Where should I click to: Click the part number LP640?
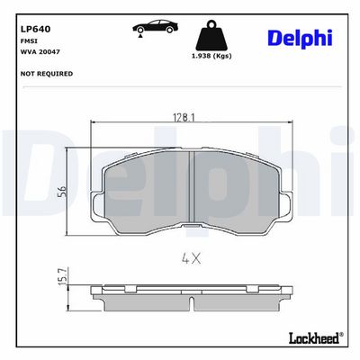35,29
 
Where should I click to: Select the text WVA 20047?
40,51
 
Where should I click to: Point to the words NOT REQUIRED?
47,74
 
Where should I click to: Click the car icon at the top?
156,26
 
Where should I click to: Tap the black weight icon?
212,35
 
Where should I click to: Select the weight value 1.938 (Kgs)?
211,56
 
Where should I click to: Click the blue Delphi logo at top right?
300,38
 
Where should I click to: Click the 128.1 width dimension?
184,117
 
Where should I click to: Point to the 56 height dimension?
61,191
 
